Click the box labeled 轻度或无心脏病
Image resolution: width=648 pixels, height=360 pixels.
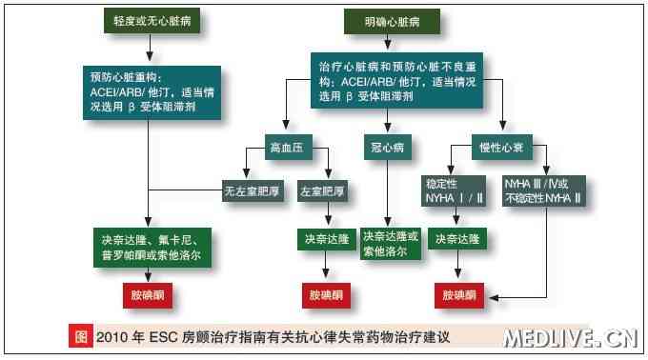point(148,20)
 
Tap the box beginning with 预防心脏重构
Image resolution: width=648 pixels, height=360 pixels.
point(148,90)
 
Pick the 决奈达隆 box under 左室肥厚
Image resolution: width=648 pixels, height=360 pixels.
point(328,238)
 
